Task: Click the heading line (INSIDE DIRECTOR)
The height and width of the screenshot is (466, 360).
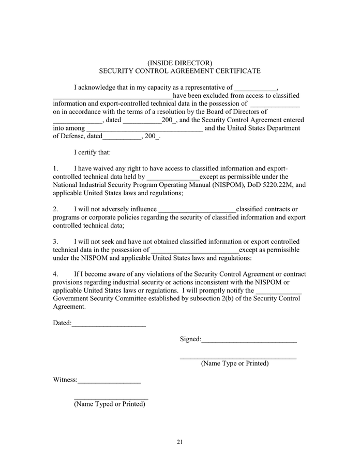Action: pyautogui.click(x=179, y=63)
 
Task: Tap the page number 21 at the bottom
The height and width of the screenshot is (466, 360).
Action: pyautogui.click(x=179, y=442)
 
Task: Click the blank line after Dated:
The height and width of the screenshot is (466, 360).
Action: pyautogui.click(x=109, y=325)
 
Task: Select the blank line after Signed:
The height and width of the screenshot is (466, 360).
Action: pyautogui.click(x=249, y=340)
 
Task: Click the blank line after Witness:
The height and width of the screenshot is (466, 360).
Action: pyautogui.click(x=109, y=381)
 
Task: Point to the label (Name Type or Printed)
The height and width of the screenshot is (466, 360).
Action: pyautogui.click(x=235, y=363)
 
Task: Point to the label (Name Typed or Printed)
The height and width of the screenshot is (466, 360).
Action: pyautogui.click(x=110, y=404)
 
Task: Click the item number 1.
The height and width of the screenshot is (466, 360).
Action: pyautogui.click(x=55, y=169)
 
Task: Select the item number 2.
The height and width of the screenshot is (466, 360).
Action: pyautogui.click(x=55, y=209)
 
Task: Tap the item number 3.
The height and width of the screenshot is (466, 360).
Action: pyautogui.click(x=55, y=242)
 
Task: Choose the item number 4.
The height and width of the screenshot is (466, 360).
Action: pyautogui.click(x=55, y=274)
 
